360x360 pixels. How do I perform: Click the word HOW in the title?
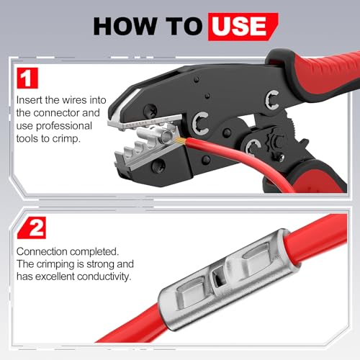tap(125, 26)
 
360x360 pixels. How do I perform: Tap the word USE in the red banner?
tap(239, 26)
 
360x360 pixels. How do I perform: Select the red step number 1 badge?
tap(27, 78)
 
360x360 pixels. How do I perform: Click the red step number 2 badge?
tap(32, 228)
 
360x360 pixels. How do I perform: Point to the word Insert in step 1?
tap(30, 100)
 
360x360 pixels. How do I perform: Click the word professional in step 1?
tap(64, 126)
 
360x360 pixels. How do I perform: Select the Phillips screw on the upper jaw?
tap(150, 111)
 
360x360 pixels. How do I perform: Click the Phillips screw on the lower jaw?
tap(158, 165)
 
